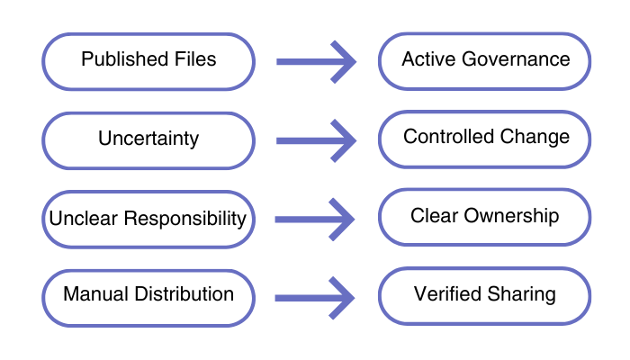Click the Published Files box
[148, 61]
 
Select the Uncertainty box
[148, 139]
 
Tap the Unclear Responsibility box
[148, 219]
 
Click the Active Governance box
[485, 60]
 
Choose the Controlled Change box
[485, 138]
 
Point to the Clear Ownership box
[485, 217]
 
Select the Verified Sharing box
[485, 295]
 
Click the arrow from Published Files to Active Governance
[315, 62]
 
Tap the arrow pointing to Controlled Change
[315, 140]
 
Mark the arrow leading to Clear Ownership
[315, 219]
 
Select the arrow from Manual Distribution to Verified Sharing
[315, 297]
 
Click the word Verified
[446, 294]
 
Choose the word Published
[115, 59]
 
